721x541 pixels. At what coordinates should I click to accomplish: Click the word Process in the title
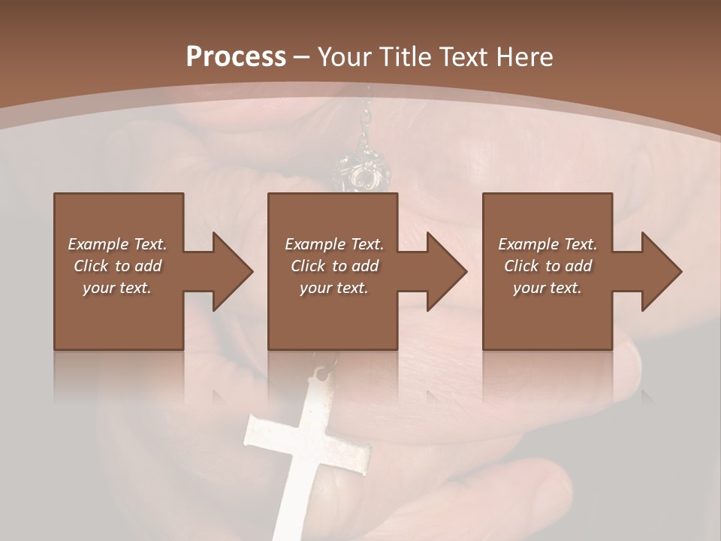(236, 57)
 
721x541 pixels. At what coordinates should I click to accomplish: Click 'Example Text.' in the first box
(117, 244)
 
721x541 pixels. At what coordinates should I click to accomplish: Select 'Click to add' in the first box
(117, 266)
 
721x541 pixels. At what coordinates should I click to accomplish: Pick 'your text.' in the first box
(117, 288)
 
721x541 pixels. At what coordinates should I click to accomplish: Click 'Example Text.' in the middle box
(334, 244)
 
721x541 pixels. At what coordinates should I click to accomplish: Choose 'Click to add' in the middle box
(334, 266)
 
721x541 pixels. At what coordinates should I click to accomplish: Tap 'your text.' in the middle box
(334, 288)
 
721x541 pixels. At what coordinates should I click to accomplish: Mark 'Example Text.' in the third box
(548, 244)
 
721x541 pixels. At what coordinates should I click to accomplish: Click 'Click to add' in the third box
(548, 266)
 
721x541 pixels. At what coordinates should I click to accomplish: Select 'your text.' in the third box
(548, 288)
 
